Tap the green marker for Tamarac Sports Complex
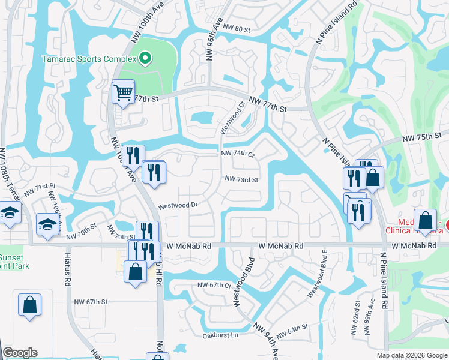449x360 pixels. point(145,58)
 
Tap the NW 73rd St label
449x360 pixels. point(241,179)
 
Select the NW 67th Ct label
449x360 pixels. point(215,286)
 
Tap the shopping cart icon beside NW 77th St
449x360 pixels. point(123,93)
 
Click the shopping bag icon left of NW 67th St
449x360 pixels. point(29,305)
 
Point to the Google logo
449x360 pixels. point(20,353)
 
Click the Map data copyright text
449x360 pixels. point(411,355)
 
